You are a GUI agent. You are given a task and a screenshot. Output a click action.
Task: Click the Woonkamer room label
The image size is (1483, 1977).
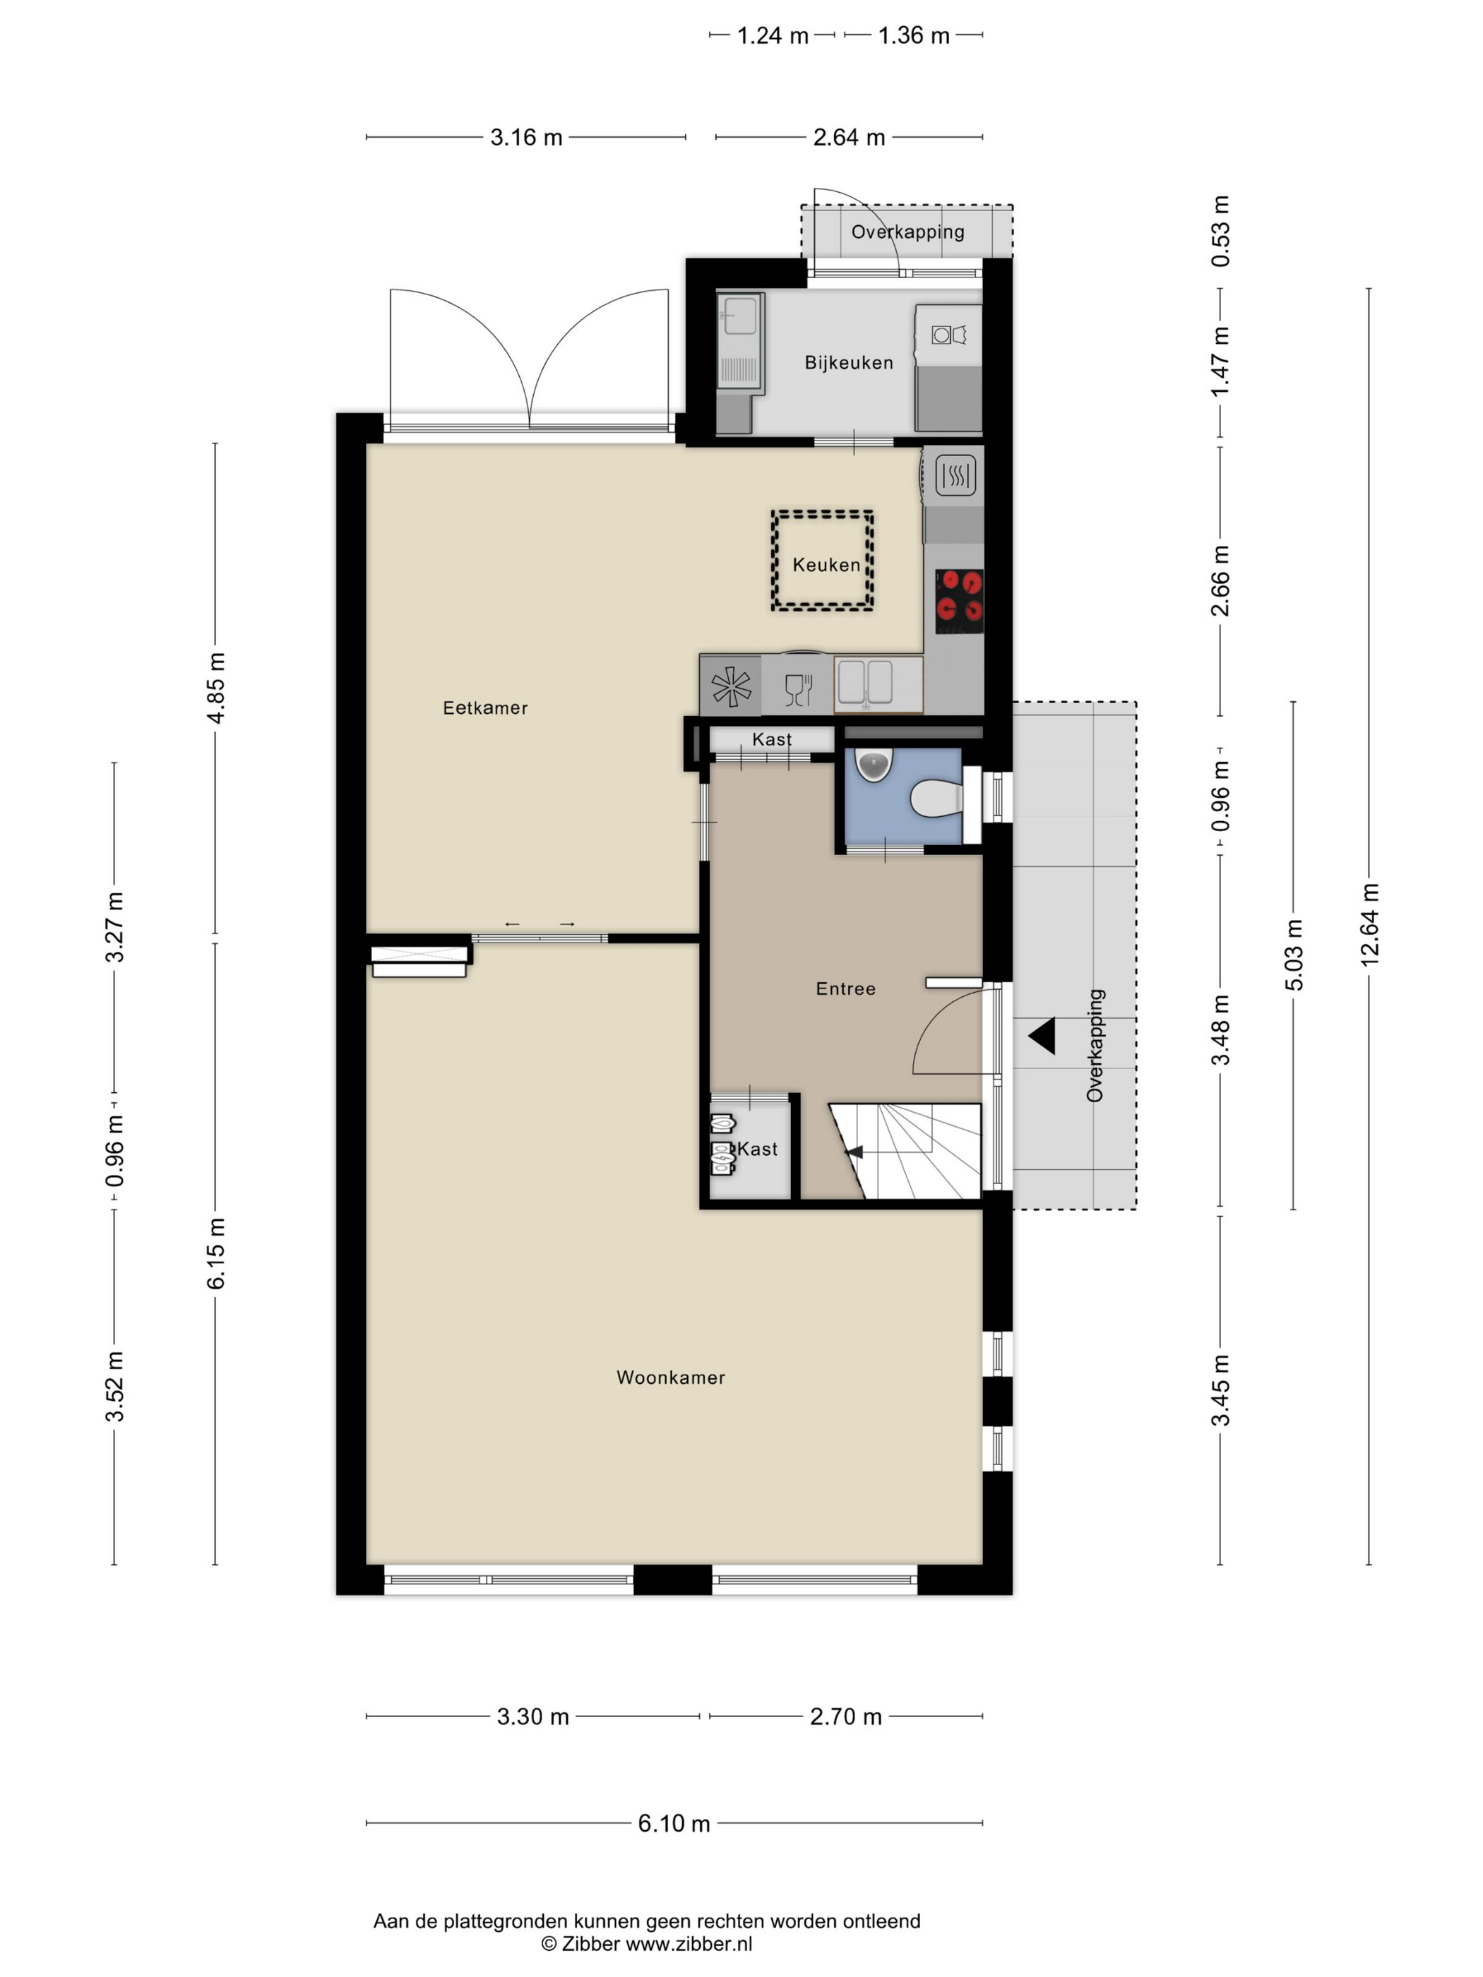tap(670, 1378)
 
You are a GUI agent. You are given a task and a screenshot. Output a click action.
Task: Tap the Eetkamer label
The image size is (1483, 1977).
tap(485, 708)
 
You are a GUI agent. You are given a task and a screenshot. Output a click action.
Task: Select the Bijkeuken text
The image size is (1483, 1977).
tap(848, 363)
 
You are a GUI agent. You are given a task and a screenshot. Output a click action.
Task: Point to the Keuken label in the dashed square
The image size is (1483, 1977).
tap(826, 565)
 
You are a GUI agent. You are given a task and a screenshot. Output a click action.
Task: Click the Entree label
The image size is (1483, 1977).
tap(845, 988)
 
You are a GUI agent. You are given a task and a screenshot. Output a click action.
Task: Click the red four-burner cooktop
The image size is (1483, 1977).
tap(959, 601)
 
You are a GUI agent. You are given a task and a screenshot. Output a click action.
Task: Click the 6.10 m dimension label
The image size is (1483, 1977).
tap(674, 1823)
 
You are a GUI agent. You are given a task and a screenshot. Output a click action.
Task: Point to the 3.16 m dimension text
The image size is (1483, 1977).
tap(527, 138)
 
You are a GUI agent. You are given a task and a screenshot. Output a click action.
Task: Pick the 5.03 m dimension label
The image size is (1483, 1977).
tap(1294, 955)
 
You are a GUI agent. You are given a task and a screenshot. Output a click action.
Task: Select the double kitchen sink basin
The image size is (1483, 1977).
tap(864, 683)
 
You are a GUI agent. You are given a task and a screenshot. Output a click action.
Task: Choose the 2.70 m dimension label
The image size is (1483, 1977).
tap(845, 1717)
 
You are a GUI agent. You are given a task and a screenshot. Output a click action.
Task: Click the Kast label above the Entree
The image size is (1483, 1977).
tap(771, 740)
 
